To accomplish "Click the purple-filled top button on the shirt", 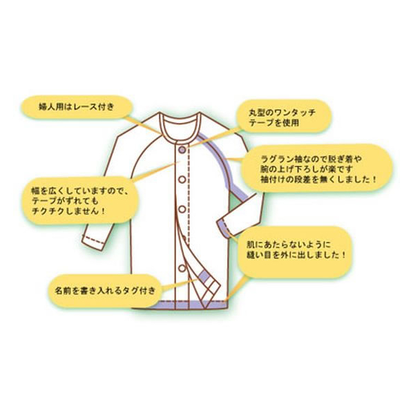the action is (x=182, y=150).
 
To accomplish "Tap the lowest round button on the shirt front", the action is (x=182, y=269).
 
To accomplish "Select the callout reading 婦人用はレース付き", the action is (x=77, y=107).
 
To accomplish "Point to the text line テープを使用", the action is (x=274, y=123).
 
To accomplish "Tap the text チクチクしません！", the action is (x=68, y=211).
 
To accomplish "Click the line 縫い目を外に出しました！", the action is (x=296, y=255).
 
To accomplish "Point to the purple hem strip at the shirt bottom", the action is (x=179, y=305).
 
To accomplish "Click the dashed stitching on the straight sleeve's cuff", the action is (x=93, y=240).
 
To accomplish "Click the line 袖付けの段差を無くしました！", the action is (x=318, y=180).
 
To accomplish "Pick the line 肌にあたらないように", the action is (x=289, y=244).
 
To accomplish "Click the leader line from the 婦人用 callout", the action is (x=144, y=126).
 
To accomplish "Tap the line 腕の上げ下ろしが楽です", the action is (x=306, y=169).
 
